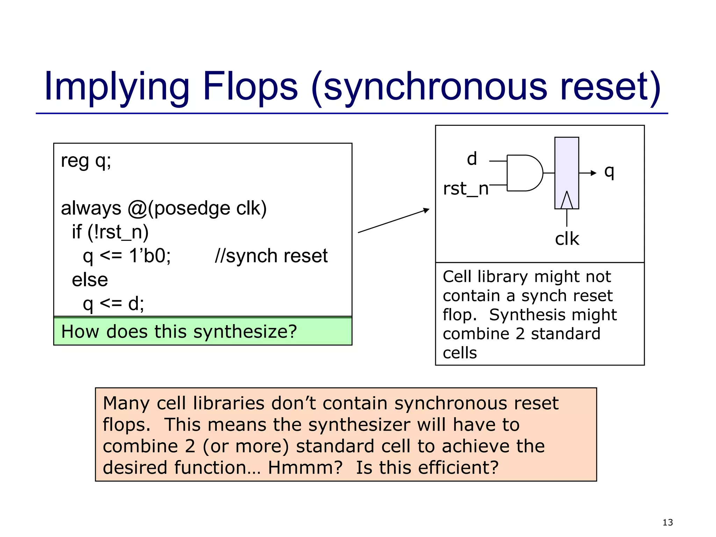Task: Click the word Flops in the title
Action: pyautogui.click(x=250, y=86)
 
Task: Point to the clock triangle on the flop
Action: pyautogui.click(x=567, y=201)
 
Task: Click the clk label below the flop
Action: pyautogui.click(x=567, y=239)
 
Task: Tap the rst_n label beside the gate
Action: pyautogui.click(x=465, y=189)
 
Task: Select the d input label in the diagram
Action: pyautogui.click(x=472, y=159)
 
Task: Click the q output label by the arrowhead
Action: pyautogui.click(x=609, y=171)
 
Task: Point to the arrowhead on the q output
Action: pyautogui.click(x=593, y=173)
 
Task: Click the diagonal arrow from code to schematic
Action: pyautogui.click(x=393, y=221)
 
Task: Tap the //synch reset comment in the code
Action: pyautogui.click(x=271, y=256)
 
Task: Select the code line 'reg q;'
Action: pyautogui.click(x=86, y=161)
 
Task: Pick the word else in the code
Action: pyautogui.click(x=90, y=280)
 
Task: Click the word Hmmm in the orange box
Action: pyautogui.click(x=305, y=468)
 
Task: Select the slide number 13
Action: pyautogui.click(x=667, y=522)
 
